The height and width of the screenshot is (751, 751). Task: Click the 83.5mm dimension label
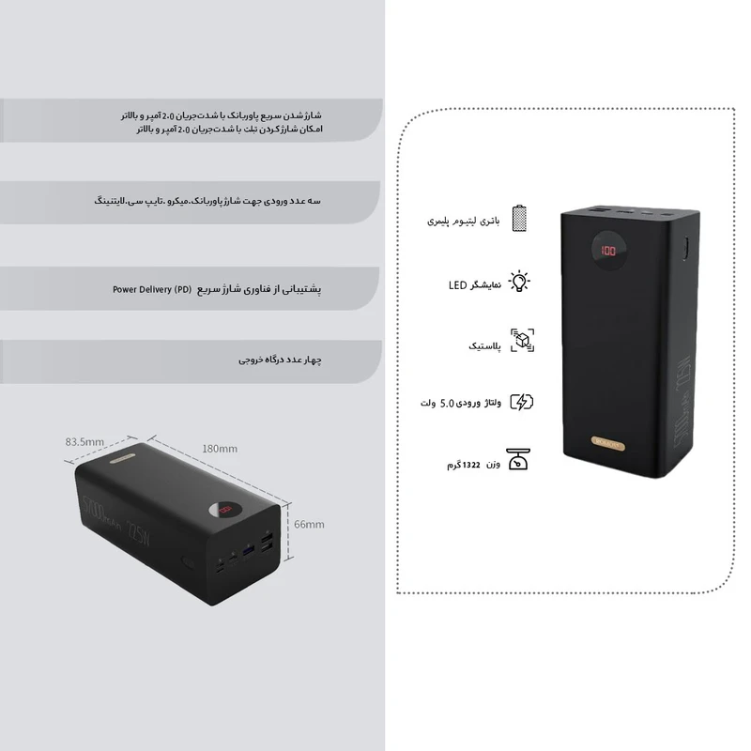[84, 440]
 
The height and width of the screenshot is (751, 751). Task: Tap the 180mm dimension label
[219, 449]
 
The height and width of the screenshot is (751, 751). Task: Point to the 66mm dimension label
[309, 523]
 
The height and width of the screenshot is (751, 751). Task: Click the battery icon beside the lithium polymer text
[519, 219]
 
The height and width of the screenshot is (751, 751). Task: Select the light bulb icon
[519, 281]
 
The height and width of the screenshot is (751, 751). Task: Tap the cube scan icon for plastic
[521, 341]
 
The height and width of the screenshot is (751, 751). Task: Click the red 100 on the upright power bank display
[608, 252]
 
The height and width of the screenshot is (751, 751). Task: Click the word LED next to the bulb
[457, 284]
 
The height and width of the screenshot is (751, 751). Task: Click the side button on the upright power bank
[686, 252]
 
